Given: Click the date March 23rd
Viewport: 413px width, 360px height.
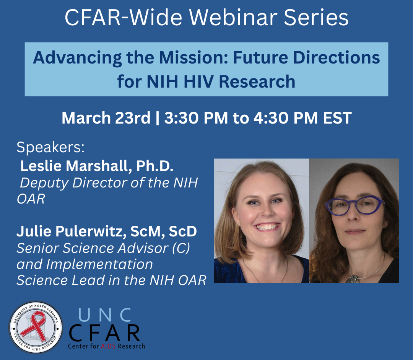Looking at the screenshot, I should [x=106, y=118].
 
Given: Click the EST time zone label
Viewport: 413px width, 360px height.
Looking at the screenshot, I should [x=337, y=118].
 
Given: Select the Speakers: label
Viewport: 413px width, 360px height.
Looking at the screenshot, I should [x=50, y=147].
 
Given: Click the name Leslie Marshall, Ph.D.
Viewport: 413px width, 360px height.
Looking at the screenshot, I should [x=97, y=166].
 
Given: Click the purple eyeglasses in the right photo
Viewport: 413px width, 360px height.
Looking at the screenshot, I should [x=354, y=205].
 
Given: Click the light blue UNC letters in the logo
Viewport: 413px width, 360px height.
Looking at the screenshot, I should [x=105, y=315].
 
